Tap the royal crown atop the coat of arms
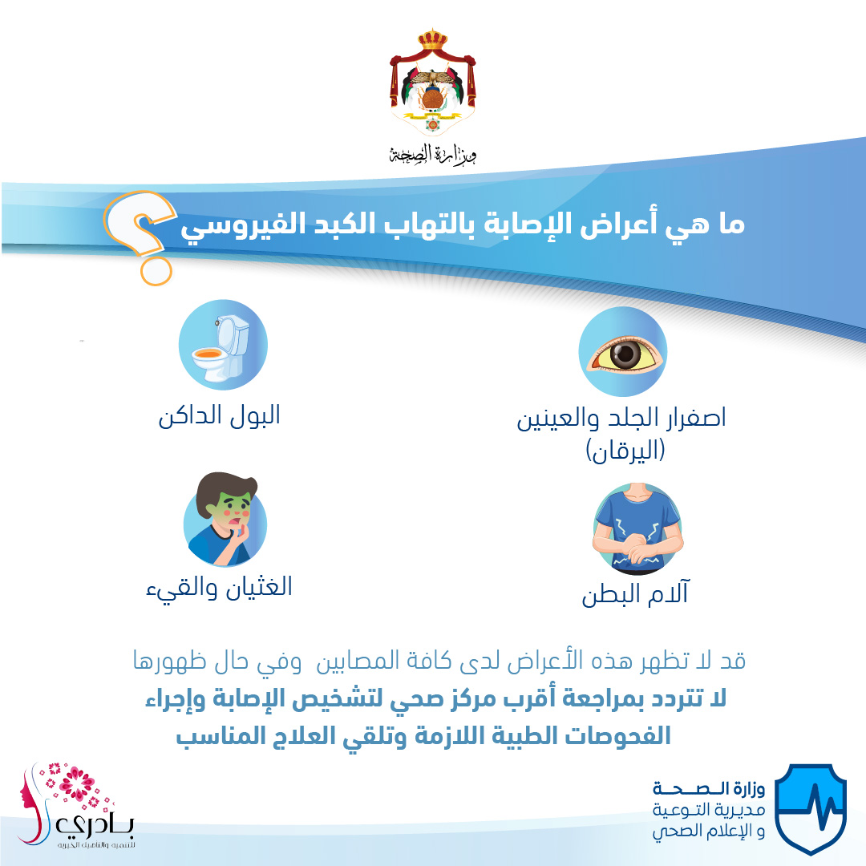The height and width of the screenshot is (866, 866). (432, 40)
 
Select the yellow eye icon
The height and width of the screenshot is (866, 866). (623, 352)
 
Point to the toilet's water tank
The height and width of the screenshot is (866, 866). (233, 334)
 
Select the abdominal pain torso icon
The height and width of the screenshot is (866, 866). (638, 528)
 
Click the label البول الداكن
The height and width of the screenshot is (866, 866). (219, 416)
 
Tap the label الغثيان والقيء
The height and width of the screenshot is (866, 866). (219, 586)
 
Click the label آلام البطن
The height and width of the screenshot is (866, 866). (635, 593)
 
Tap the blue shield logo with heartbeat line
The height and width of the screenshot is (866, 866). (810, 808)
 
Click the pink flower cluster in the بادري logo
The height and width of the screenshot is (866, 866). (75, 785)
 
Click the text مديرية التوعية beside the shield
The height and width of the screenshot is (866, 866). (709, 810)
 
